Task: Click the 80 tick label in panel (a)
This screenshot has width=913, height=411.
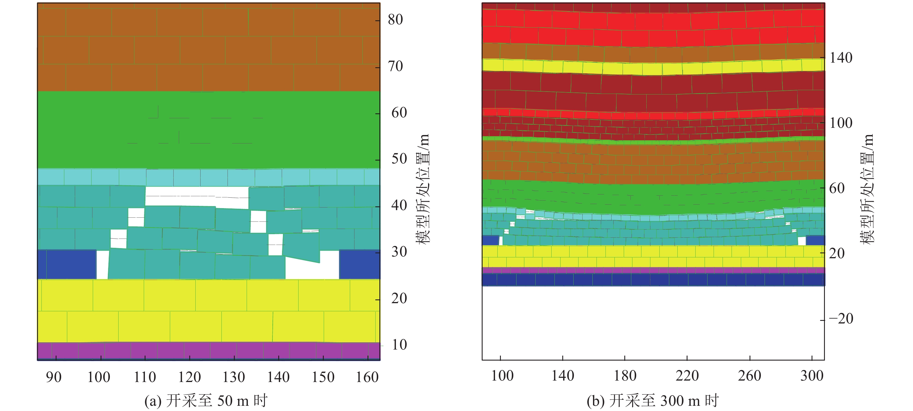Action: tap(395, 20)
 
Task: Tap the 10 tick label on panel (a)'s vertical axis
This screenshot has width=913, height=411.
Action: tap(399, 345)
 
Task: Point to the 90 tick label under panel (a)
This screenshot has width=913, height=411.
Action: tap(54, 377)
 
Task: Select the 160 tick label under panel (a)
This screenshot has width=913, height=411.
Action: tap(367, 377)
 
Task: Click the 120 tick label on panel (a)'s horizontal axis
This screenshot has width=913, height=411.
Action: tap(189, 377)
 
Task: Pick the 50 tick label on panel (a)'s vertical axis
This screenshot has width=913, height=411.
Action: tap(399, 159)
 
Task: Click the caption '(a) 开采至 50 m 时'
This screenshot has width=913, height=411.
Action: tap(206, 401)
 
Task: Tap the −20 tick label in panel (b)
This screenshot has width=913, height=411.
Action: tap(841, 319)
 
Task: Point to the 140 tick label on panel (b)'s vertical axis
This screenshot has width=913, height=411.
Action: tap(841, 58)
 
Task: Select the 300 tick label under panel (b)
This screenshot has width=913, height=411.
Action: tap(812, 376)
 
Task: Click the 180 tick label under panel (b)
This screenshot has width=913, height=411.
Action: tap(625, 376)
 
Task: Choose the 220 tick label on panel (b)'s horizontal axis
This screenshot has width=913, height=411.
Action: tap(687, 376)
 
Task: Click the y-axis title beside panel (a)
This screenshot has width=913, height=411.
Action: tap(423, 189)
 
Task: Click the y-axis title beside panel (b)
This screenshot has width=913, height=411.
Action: tap(867, 189)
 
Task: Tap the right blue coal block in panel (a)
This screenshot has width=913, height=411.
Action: tap(359, 264)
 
